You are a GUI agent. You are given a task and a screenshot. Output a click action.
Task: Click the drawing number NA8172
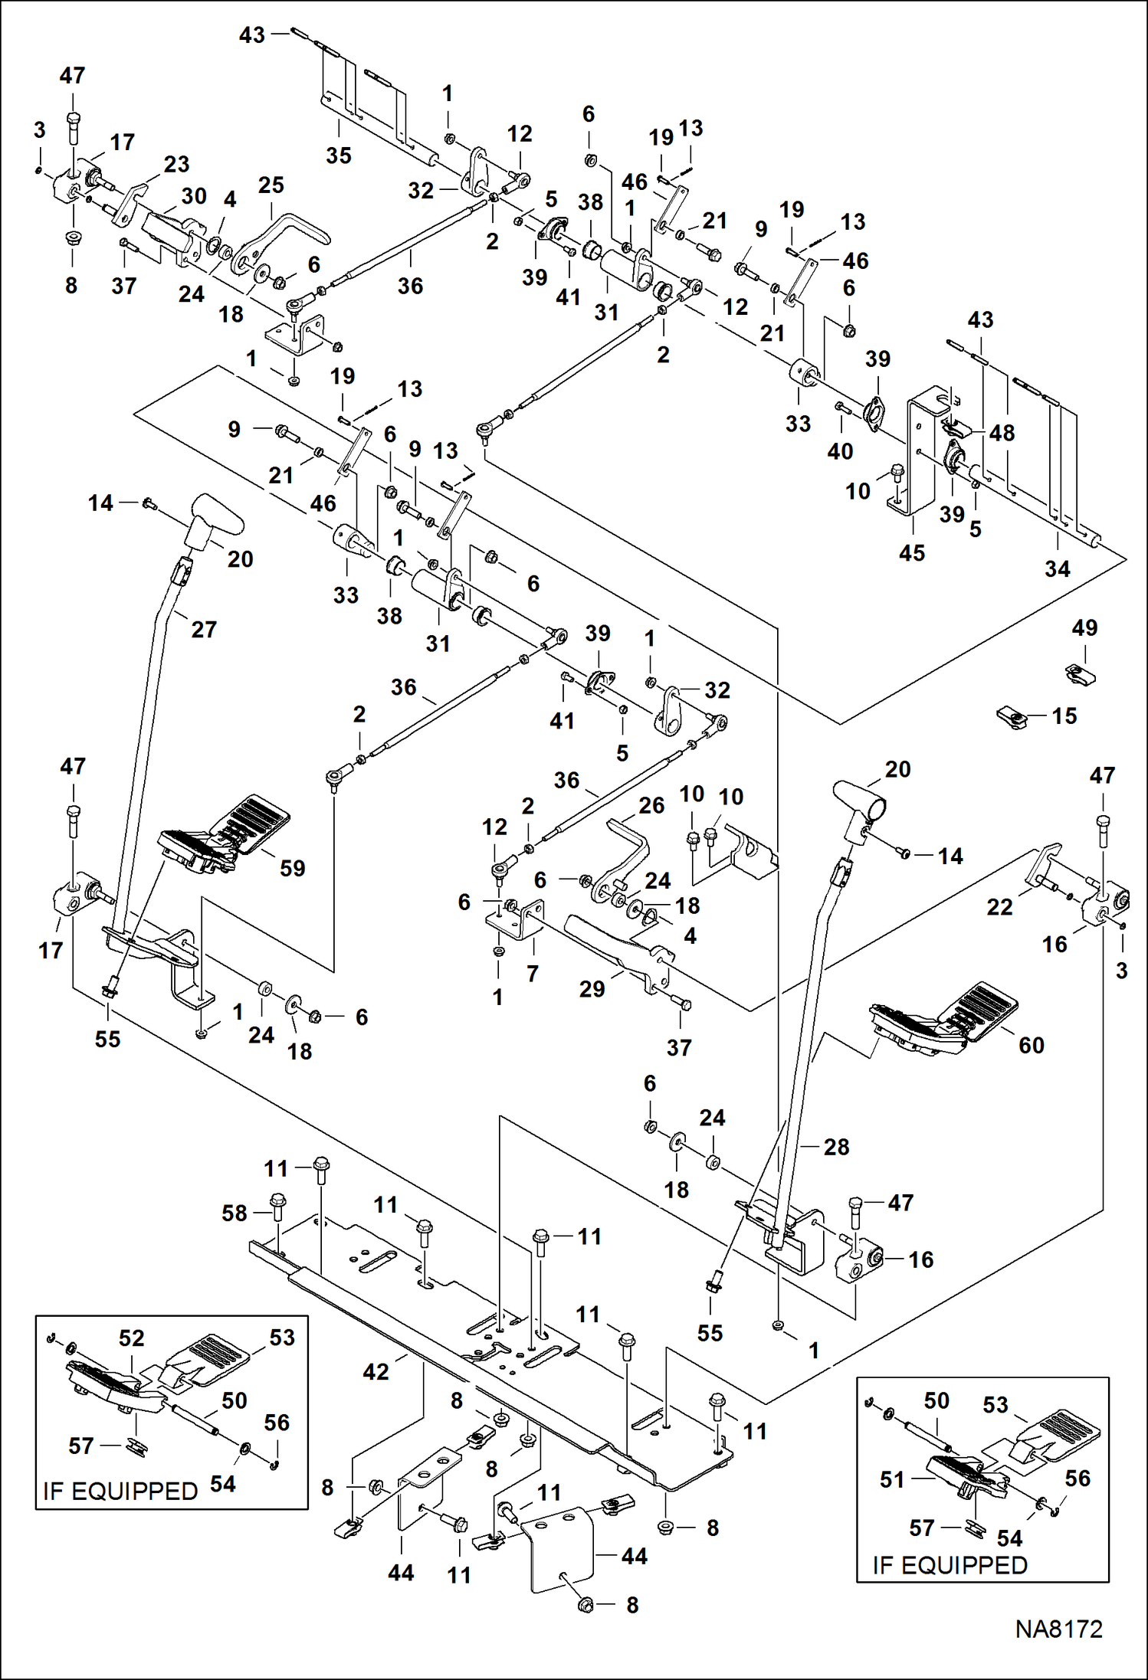coord(1058,1629)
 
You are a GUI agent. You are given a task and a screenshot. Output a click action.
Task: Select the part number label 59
coord(292,868)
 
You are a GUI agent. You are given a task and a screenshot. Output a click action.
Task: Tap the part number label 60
coord(1031,1045)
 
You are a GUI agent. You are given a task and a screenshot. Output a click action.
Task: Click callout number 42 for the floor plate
coord(376,1371)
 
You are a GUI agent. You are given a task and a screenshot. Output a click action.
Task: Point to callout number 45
coord(911,552)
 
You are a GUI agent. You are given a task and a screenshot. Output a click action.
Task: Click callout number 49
coord(1084,627)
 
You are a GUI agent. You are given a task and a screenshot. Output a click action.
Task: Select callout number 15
coord(1064,716)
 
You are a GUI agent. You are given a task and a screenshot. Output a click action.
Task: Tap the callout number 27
coord(204,629)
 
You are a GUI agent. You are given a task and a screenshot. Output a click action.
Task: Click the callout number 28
coord(836,1147)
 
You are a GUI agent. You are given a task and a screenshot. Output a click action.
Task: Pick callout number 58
coord(235,1213)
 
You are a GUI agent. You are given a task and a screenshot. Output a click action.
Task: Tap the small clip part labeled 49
coord(1081,673)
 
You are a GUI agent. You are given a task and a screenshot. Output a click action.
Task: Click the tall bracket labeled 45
coord(920,452)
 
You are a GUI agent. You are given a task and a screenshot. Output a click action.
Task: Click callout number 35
coord(338,155)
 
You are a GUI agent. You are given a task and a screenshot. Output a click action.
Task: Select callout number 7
coord(533,974)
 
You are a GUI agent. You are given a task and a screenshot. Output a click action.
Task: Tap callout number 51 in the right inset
coord(892,1479)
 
